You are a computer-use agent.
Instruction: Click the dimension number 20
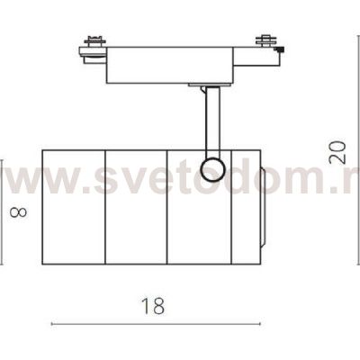(x=337, y=149)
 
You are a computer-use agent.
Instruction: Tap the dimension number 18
(x=154, y=306)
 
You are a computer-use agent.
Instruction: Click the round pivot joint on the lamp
(x=212, y=167)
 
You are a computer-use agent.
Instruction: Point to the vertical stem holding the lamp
(x=210, y=121)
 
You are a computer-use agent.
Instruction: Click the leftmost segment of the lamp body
(x=74, y=207)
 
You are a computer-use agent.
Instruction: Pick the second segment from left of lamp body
(x=136, y=207)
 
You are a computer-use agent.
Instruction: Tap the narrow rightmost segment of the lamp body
(x=244, y=207)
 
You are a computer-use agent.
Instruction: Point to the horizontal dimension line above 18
(x=154, y=322)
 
